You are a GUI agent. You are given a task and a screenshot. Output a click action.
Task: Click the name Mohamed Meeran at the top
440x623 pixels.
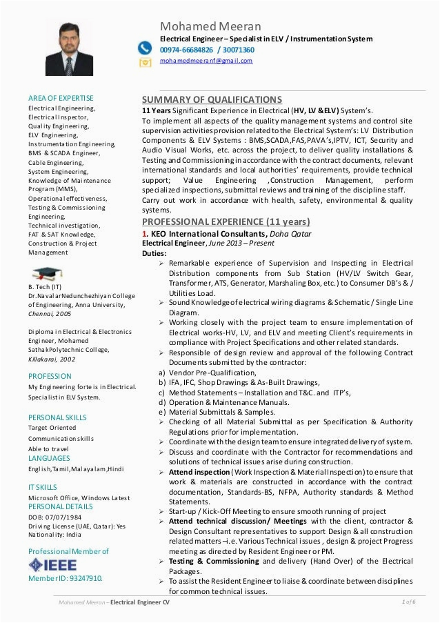199,26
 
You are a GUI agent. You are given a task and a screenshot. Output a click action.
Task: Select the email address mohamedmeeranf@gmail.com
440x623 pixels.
206,61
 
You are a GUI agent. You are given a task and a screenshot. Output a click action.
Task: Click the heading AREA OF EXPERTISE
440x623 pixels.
61,98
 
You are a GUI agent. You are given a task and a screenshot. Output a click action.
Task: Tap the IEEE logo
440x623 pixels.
62,564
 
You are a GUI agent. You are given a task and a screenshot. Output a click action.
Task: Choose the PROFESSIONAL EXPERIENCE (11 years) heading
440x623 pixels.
226,222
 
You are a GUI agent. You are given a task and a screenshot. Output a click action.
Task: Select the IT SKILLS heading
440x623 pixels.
43,486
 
